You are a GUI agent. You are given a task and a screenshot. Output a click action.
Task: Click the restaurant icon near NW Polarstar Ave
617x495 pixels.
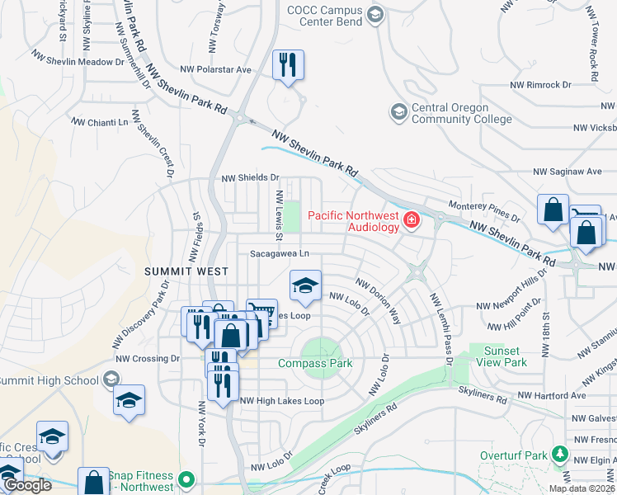coord(288,65)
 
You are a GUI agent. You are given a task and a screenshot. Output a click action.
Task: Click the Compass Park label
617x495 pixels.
coord(315,363)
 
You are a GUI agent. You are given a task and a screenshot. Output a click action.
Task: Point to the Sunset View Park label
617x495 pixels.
coord(505,356)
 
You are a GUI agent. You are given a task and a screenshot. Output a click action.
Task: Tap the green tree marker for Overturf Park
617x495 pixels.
coord(560,455)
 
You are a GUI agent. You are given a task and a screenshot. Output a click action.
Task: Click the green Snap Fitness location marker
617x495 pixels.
coord(187,478)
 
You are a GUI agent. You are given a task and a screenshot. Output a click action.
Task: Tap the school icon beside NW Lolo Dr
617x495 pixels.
coord(305,286)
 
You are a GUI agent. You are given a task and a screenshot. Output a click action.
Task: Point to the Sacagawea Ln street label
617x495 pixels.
coord(280,254)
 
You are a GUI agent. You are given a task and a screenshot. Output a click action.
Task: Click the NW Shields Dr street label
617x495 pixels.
coord(251,177)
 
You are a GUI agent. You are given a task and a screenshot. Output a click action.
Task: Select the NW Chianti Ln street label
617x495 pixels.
coord(101,121)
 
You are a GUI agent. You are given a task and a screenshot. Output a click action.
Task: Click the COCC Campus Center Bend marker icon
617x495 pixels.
coord(375,14)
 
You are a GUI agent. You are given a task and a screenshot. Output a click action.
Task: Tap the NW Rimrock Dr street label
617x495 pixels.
coord(540,85)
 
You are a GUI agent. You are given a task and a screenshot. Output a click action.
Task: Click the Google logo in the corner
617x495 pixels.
coord(26,485)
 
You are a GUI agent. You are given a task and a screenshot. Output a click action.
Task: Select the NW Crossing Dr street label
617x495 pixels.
coord(147,358)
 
